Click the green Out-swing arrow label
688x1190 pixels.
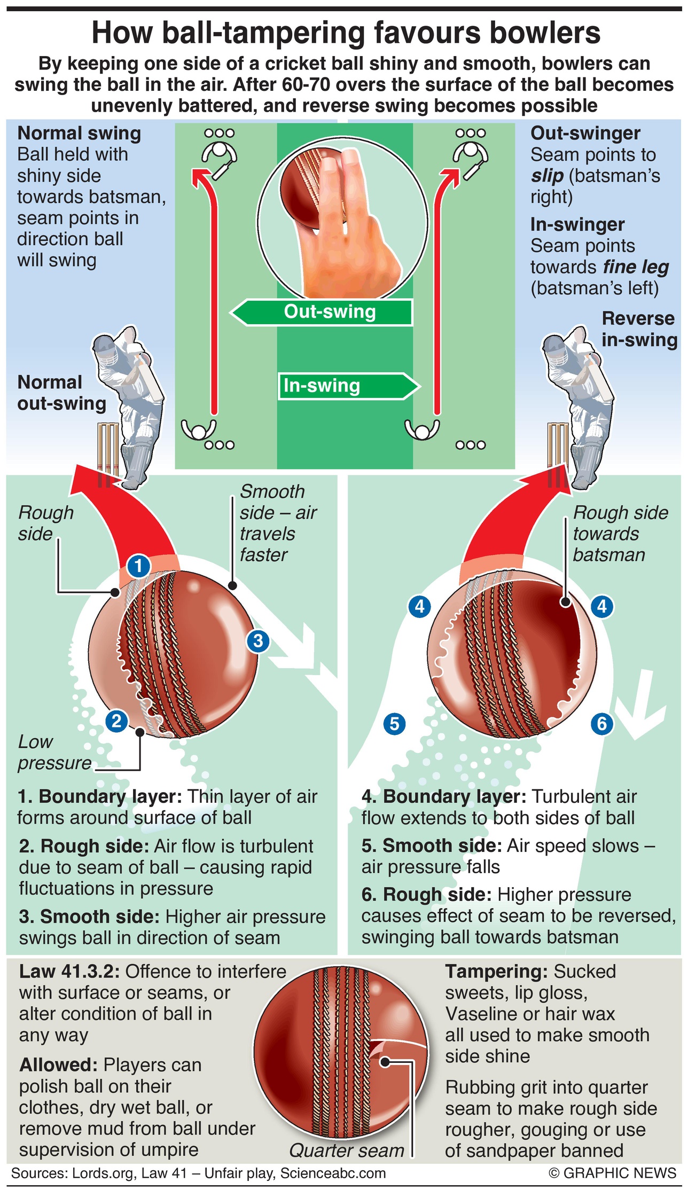[322, 312]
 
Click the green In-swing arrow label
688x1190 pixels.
[347, 386]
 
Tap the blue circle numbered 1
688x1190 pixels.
[139, 566]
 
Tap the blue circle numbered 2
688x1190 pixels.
[116, 722]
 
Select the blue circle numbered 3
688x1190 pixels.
[258, 640]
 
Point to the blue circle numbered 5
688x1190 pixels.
[394, 724]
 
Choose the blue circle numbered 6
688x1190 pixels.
[602, 724]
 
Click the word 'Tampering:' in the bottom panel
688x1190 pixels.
[497, 972]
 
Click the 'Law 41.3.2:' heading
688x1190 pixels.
[69, 972]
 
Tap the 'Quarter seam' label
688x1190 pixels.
[347, 1150]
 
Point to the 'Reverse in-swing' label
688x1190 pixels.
[639, 329]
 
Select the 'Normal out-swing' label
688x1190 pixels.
[61, 393]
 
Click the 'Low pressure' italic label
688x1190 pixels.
[53, 753]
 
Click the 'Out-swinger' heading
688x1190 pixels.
[585, 134]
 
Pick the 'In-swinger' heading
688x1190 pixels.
[577, 225]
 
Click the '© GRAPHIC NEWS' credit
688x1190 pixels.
[612, 1173]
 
